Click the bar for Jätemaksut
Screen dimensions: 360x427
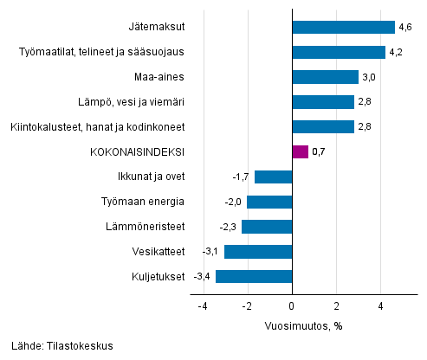343,27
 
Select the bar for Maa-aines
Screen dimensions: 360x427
325,77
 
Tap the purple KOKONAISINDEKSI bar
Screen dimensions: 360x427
300,152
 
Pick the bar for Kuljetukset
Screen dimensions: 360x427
253,277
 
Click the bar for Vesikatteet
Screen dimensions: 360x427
257,252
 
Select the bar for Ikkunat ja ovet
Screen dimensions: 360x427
273,177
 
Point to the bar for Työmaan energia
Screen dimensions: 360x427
269,202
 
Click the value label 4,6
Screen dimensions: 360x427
404,28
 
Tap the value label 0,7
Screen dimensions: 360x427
318,152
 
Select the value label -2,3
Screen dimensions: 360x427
230,227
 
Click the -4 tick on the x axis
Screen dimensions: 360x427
202,306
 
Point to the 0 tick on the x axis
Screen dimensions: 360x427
292,306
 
